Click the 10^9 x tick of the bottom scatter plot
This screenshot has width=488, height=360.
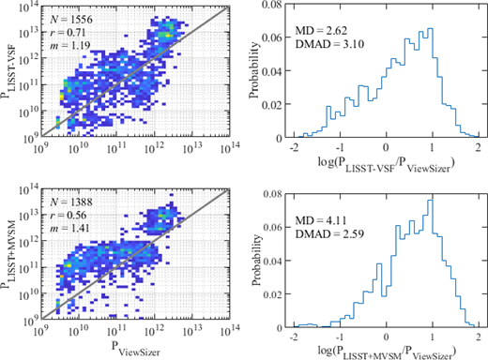click(x=39, y=330)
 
